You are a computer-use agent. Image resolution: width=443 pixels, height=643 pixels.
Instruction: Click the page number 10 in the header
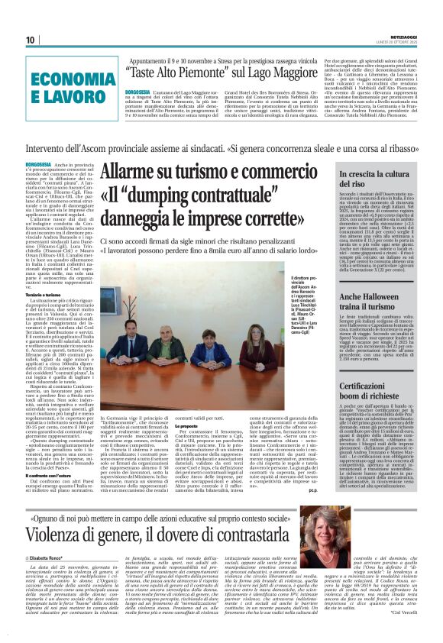pos(31,40)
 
